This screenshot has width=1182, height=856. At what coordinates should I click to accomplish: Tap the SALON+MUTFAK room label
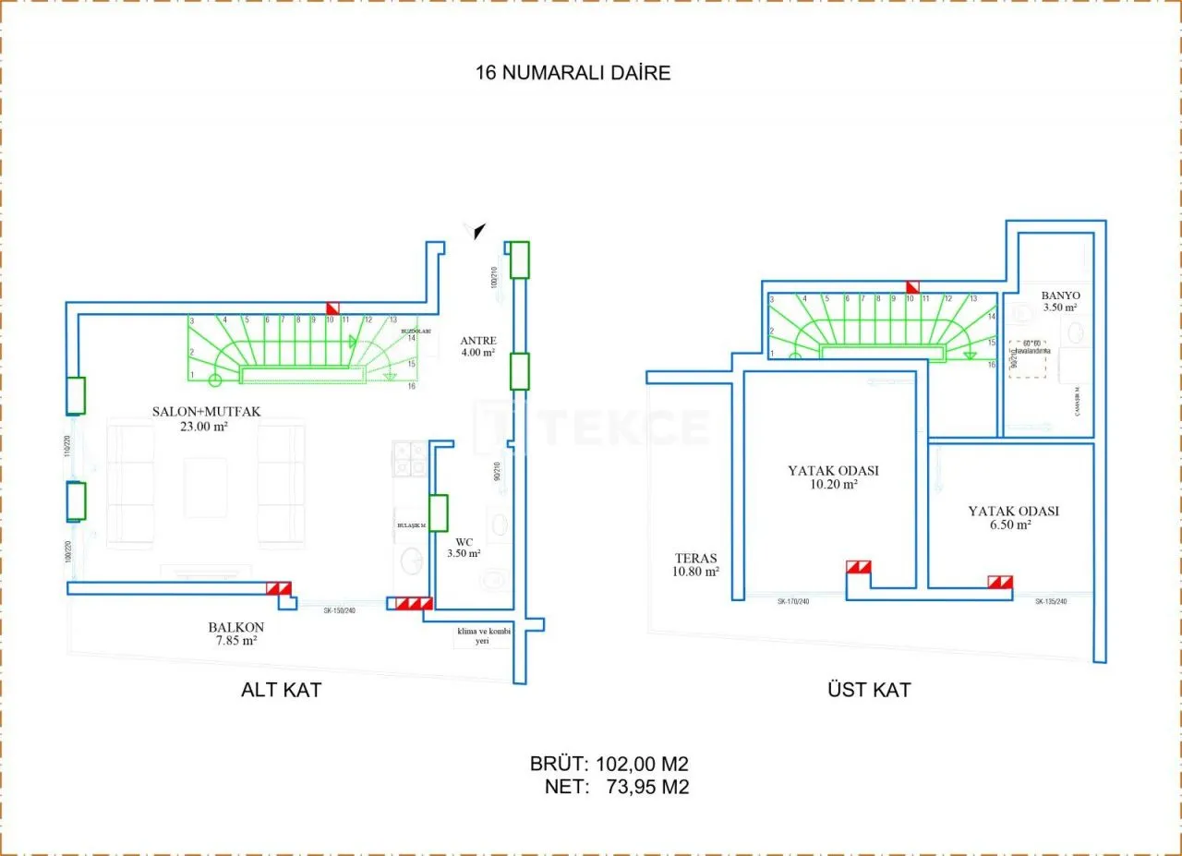pyautogui.click(x=204, y=418)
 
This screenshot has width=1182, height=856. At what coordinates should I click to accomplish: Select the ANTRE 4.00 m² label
pyautogui.click(x=478, y=346)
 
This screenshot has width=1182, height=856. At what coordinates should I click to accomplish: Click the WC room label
pyautogui.click(x=464, y=548)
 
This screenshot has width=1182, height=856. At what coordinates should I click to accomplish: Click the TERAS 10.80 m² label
pyautogui.click(x=696, y=564)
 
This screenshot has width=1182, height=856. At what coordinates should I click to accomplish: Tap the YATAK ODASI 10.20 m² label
pyautogui.click(x=833, y=476)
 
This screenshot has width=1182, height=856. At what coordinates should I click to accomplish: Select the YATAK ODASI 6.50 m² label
pyautogui.click(x=1013, y=517)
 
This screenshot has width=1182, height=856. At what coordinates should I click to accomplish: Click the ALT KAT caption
pyautogui.click(x=281, y=690)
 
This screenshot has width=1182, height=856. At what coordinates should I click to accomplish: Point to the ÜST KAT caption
pyautogui.click(x=869, y=690)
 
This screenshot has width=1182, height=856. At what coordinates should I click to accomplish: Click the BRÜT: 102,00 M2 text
pyautogui.click(x=609, y=765)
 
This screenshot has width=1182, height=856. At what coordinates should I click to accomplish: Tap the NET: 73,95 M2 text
pyautogui.click(x=617, y=787)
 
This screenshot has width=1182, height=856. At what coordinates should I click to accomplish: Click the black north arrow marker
pyautogui.click(x=478, y=231)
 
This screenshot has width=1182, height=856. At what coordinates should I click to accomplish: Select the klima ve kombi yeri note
pyautogui.click(x=482, y=636)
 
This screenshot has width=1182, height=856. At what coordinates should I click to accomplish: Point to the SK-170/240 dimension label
pyautogui.click(x=794, y=601)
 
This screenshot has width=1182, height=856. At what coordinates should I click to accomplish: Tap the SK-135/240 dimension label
pyautogui.click(x=1052, y=601)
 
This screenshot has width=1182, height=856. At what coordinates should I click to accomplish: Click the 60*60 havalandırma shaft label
pyautogui.click(x=1031, y=346)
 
